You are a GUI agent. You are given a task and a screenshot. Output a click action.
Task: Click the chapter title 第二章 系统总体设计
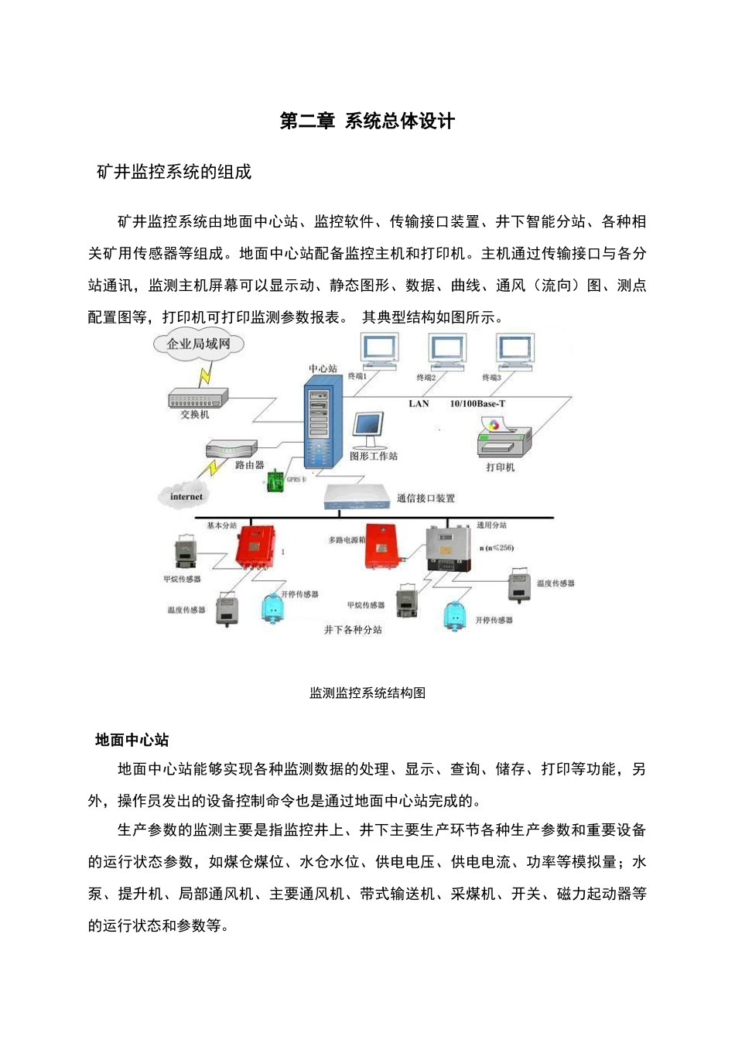pos(367,121)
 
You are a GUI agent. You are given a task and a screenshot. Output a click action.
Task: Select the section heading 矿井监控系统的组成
pos(174,173)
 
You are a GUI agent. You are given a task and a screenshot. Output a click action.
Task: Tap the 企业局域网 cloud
pos(199,344)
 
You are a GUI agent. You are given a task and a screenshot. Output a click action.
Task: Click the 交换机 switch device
pos(198,398)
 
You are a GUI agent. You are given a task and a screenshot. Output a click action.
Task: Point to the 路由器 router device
pos(231,450)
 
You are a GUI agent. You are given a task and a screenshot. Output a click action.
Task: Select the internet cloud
pos(186,496)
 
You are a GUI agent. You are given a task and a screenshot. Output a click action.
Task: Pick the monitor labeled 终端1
pos(380,351)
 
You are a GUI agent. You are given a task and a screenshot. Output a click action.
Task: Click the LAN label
pos(419,404)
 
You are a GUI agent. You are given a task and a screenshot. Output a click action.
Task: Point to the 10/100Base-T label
pos(478,404)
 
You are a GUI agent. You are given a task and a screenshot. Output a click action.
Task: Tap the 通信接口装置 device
pos(357,496)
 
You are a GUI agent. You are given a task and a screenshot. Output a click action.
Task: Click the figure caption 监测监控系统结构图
pos(367,693)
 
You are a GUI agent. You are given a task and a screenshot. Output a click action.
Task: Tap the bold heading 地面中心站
pos(132,741)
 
